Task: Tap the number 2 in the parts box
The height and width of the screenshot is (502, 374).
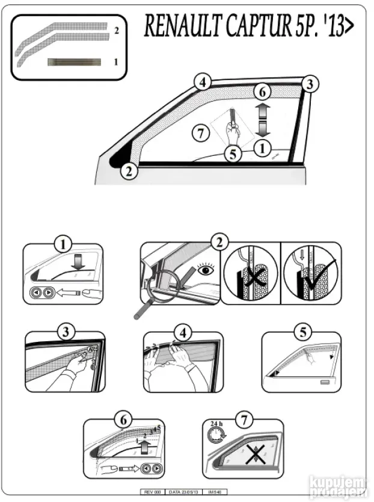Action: click(117, 29)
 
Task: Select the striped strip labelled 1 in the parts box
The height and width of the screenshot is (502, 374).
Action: click(74, 61)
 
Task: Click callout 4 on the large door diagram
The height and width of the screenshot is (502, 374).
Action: click(203, 82)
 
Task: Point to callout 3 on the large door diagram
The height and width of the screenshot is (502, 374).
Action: click(308, 84)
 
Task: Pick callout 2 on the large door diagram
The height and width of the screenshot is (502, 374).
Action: click(128, 171)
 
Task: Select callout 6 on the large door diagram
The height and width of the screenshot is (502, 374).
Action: click(262, 92)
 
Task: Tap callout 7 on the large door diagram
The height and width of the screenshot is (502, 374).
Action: click(201, 132)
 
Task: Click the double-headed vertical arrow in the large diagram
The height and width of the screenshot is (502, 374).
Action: click(262, 119)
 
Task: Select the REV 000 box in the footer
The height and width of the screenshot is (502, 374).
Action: click(151, 492)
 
